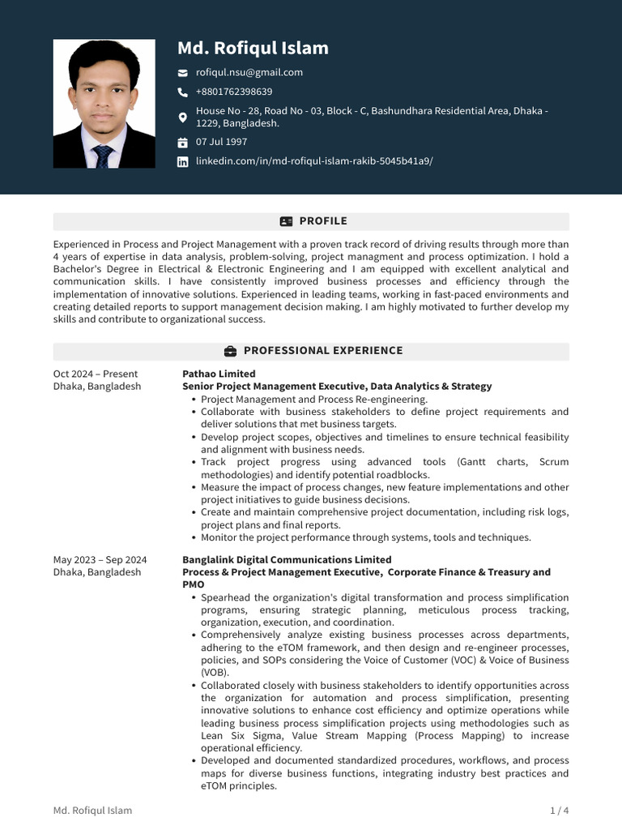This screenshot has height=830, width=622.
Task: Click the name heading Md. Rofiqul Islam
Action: pos(253,48)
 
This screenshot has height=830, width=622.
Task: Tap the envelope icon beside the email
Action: pos(183,73)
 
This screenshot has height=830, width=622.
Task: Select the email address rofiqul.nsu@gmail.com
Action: pos(249,72)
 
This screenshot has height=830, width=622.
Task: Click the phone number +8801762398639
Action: pos(234,92)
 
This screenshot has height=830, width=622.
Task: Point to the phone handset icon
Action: pos(183,92)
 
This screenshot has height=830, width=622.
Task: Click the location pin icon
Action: pos(183,118)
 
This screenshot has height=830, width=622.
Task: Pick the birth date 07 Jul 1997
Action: pos(221,142)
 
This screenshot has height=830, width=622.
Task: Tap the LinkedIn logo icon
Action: pos(183,161)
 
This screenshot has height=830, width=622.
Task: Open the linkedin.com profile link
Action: pos(314,160)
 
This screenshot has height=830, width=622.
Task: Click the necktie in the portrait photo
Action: pos(103,156)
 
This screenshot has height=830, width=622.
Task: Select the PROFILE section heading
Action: pos(322,221)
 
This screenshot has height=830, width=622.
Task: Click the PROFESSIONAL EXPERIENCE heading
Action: pos(322,351)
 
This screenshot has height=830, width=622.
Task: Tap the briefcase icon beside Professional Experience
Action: pos(230,351)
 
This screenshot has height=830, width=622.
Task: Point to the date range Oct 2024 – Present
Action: pos(96,374)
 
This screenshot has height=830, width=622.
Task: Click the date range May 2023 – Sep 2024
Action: pos(100,559)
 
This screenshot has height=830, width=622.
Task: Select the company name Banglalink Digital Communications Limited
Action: pos(287,559)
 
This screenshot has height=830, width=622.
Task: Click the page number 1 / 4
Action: pos(559,811)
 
